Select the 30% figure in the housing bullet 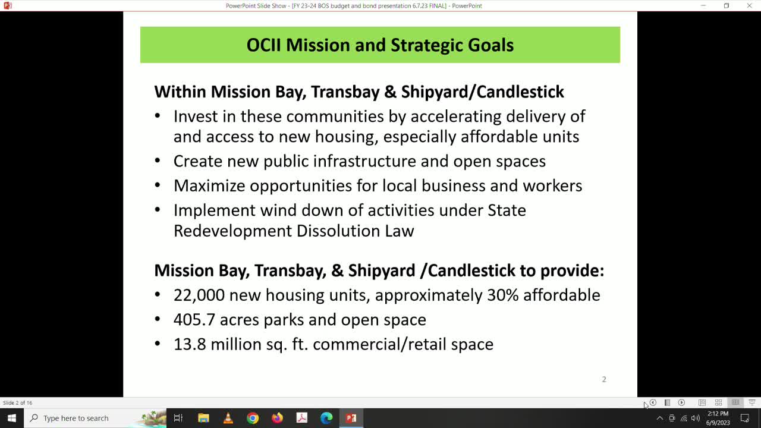(501, 295)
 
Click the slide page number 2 (604, 379)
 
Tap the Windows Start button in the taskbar (11, 418)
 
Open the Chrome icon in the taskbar (253, 418)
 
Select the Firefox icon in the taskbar (277, 418)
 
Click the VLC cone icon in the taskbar (228, 418)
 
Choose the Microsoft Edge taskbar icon (326, 418)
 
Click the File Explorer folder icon (203, 418)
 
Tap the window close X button (749, 6)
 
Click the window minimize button (703, 6)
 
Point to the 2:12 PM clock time (718, 414)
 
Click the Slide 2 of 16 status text (18, 403)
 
